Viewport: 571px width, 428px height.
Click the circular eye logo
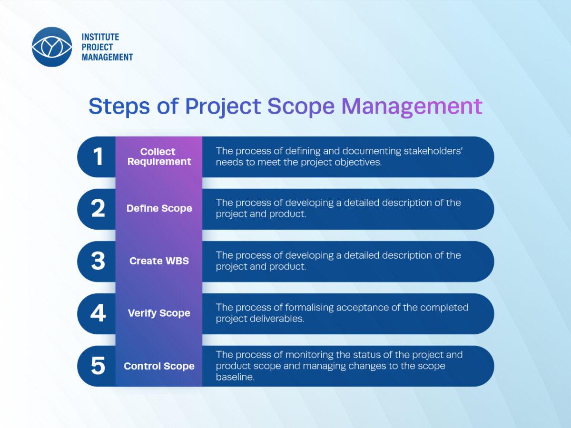(x=52, y=47)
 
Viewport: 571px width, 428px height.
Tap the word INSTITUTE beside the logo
(x=100, y=37)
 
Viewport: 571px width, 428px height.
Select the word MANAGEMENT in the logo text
(x=107, y=57)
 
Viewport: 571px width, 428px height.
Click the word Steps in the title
(x=119, y=106)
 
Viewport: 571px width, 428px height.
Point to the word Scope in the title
(x=301, y=106)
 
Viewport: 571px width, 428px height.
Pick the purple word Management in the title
(x=412, y=106)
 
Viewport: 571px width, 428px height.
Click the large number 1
(x=98, y=156)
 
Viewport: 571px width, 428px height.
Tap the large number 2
(x=98, y=208)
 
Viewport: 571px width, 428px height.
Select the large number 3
(x=98, y=261)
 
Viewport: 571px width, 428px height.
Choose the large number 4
(x=98, y=313)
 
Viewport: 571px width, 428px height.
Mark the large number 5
(x=98, y=366)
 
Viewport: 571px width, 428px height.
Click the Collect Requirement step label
(x=159, y=156)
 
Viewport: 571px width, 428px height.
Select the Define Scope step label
(x=159, y=208)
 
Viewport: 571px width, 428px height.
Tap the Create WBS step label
(x=159, y=261)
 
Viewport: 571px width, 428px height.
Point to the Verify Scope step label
(x=159, y=313)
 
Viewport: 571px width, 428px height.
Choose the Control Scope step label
(x=159, y=366)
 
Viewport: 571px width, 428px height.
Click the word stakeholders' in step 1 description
(x=433, y=151)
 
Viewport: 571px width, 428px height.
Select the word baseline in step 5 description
(x=235, y=377)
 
